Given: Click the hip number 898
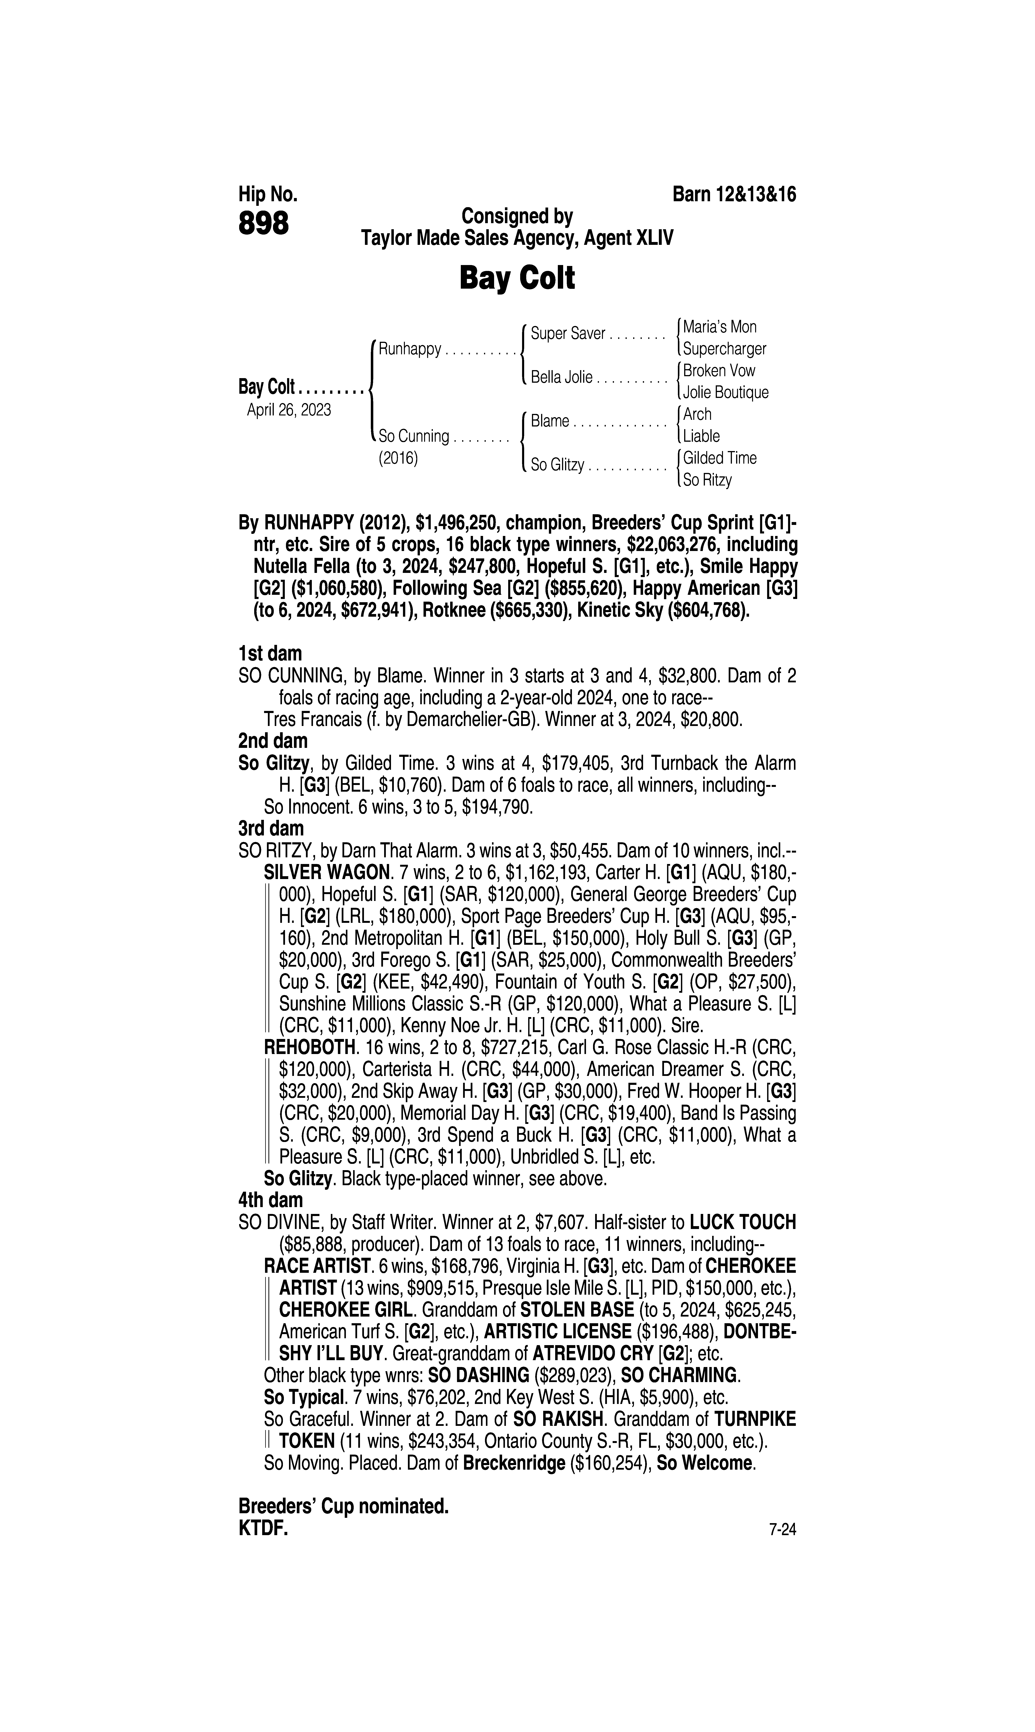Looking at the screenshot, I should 264,224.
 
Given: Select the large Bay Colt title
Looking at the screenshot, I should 517,278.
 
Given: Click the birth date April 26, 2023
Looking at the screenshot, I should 289,410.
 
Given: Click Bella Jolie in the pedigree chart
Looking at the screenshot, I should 561,378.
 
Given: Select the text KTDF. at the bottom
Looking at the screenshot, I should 263,1528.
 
